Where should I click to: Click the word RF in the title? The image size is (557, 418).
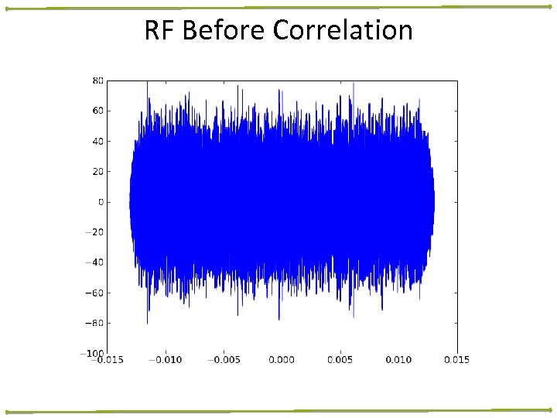click(x=158, y=31)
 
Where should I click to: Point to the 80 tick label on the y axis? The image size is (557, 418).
click(x=97, y=81)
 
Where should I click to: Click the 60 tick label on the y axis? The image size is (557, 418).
click(x=97, y=111)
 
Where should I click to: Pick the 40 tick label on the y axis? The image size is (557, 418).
click(x=97, y=141)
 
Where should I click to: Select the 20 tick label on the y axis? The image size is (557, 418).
click(x=97, y=171)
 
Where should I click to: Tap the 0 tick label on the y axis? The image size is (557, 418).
click(x=100, y=201)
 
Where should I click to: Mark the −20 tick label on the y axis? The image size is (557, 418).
click(x=95, y=231)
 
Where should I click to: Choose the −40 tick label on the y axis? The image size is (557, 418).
click(x=95, y=262)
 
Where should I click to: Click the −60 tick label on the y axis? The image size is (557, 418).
click(x=95, y=293)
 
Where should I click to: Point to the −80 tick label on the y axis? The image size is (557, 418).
click(x=95, y=323)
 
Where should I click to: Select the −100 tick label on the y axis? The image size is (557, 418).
click(x=93, y=353)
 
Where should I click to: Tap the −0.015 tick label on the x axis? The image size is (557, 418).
click(x=106, y=359)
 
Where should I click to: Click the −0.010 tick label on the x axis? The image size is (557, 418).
click(x=165, y=359)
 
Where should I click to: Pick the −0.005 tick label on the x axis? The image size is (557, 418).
click(x=223, y=359)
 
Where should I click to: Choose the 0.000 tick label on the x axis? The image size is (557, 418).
click(x=282, y=359)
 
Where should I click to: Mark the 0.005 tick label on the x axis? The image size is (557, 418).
click(x=340, y=359)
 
